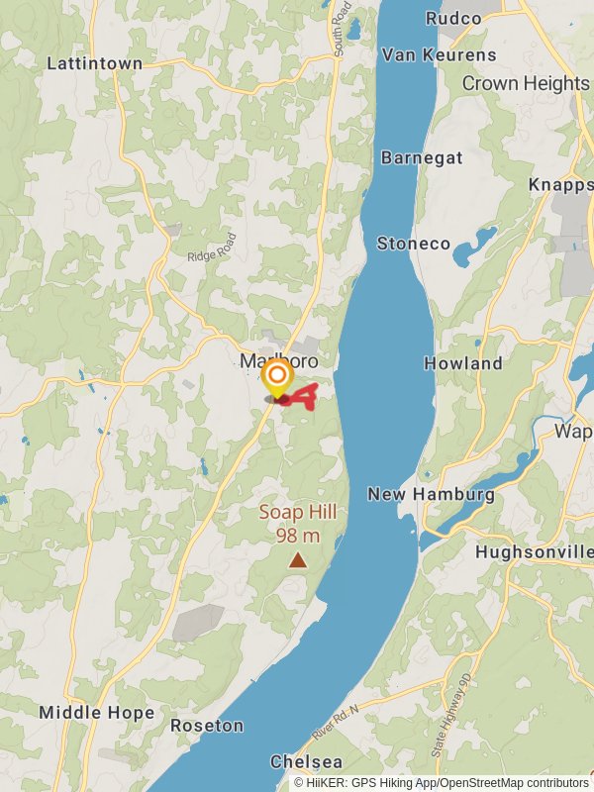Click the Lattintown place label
[95, 63]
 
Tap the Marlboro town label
[278, 361]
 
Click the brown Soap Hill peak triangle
[297, 560]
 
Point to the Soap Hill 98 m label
[298, 524]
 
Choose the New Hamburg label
[431, 494]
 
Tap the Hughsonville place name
[534, 551]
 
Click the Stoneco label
[413, 244]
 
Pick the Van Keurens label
[439, 53]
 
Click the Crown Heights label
[526, 83]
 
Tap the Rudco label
[452, 19]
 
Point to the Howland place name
[463, 363]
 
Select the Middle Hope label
[96, 713]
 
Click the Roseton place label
[207, 726]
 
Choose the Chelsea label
[307, 762]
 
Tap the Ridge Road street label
[213, 247]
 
